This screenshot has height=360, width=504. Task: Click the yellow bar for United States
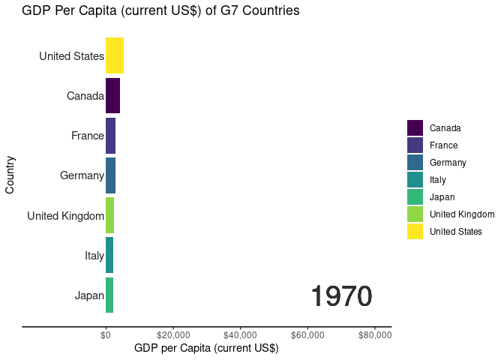pos(115,55)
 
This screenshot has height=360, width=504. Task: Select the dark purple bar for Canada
pos(112,95)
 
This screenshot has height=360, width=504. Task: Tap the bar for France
pos(110,136)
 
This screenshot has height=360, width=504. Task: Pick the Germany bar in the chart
pos(110,175)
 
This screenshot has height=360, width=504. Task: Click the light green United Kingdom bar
pos(109,215)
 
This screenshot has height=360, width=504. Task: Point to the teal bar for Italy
pos(109,255)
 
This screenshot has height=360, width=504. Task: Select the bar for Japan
pos(109,295)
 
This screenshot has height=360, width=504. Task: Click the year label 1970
pos(341,297)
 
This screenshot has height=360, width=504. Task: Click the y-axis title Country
pos(10,175)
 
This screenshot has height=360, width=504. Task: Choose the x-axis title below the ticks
pos(205,349)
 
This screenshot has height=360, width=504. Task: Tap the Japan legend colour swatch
pos(415,197)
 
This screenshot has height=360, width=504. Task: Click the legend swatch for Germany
pos(415,162)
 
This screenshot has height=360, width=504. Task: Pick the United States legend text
pos(456,232)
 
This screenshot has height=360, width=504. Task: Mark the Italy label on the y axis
pos(94,256)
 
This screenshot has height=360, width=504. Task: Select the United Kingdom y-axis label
pos(65,216)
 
